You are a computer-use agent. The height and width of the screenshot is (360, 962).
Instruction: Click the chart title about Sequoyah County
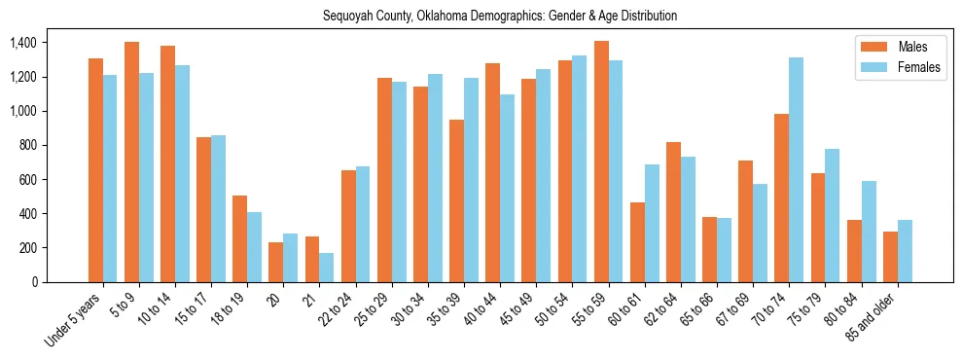pyautogui.click(x=500, y=17)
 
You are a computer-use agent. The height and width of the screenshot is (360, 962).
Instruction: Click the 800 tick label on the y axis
pyautogui.click(x=26, y=146)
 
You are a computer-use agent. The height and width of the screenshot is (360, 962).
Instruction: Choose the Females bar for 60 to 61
pyautogui.click(x=652, y=224)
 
